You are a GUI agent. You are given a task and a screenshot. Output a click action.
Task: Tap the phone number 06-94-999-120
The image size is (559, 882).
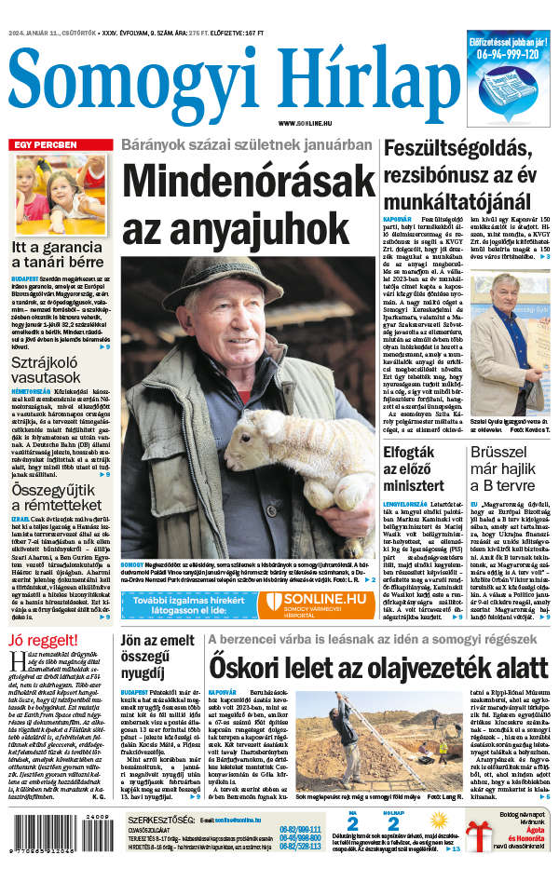pyautogui.click(x=508, y=54)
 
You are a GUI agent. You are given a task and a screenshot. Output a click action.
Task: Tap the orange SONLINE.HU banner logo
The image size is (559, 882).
pyautogui.click(x=315, y=604)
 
